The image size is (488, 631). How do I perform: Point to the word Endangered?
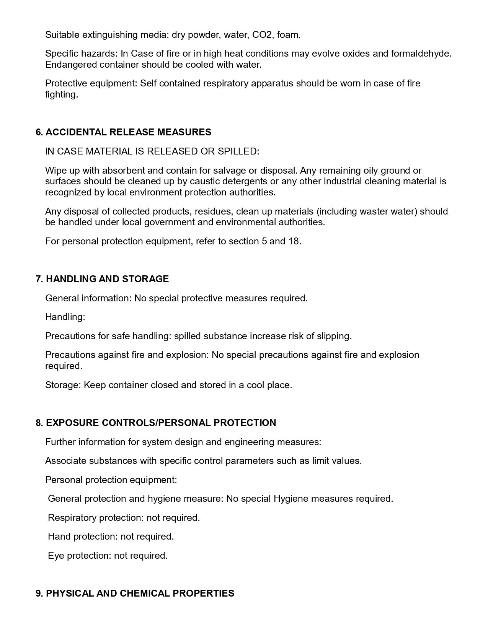(71, 65)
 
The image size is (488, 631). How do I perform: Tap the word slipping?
(334, 336)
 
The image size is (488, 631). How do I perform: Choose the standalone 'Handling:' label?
(65, 317)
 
